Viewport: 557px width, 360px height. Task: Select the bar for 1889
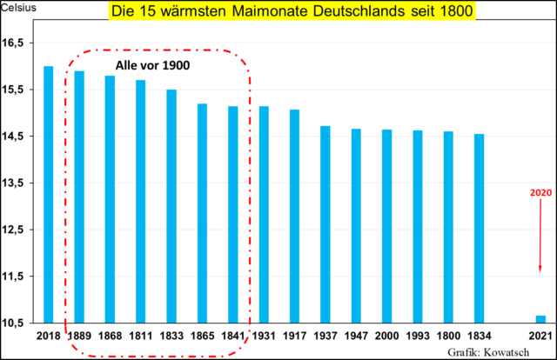(79, 196)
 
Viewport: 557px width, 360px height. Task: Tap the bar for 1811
(140, 201)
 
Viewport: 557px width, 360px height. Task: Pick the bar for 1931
(264, 214)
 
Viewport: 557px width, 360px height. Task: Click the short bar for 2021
(540, 318)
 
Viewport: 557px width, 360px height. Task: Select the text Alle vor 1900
(153, 65)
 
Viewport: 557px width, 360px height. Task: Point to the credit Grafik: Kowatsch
(498, 351)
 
